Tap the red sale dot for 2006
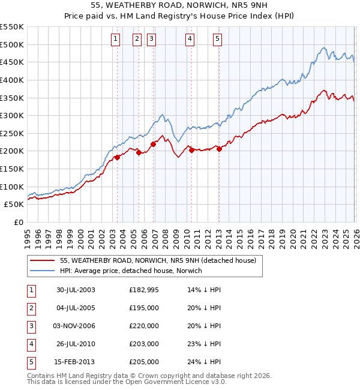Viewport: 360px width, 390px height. pyautogui.click(x=153, y=144)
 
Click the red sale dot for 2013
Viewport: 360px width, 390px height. pyautogui.click(x=218, y=149)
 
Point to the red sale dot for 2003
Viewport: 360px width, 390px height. pyautogui.click(x=118, y=157)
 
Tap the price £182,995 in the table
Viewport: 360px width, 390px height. pyautogui.click(x=144, y=290)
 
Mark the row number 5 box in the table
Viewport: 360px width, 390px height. pyautogui.click(x=31, y=362)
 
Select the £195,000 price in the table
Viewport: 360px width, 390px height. pyautogui.click(x=144, y=308)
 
